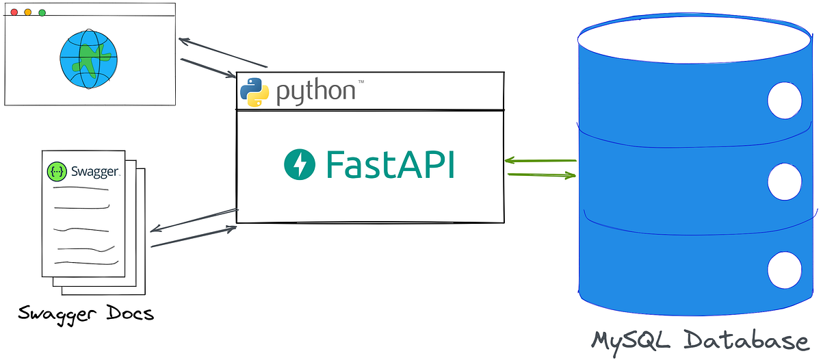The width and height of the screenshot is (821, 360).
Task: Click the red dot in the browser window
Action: [x=14, y=12]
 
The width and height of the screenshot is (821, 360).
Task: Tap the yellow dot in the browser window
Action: [x=28, y=12]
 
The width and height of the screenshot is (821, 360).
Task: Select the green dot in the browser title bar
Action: [x=42, y=12]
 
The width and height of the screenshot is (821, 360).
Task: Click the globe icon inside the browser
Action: [x=88, y=60]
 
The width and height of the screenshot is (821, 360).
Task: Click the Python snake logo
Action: [x=254, y=92]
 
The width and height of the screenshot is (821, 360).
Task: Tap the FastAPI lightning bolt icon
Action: [x=300, y=164]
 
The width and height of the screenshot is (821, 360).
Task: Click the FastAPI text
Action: [x=390, y=164]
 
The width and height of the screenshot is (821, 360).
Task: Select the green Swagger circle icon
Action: [x=57, y=171]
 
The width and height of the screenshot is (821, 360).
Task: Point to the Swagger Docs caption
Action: [x=86, y=314]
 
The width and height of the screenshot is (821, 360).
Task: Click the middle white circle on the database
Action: [x=784, y=181]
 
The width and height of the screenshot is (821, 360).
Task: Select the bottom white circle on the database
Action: [x=784, y=269]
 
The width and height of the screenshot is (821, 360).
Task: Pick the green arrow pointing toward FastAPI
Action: [x=540, y=162]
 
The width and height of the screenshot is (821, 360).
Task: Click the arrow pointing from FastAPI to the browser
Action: [x=222, y=53]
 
